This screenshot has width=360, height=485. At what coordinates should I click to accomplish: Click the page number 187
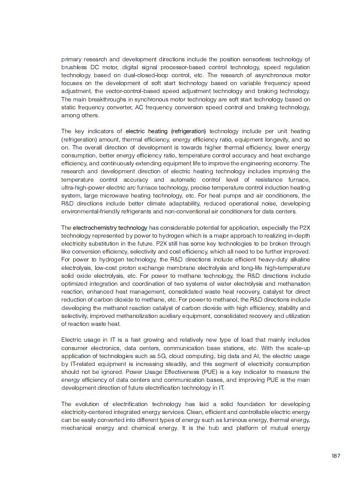[x=336, y=456]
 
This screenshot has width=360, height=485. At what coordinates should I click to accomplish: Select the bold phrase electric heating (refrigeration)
[x=165, y=131]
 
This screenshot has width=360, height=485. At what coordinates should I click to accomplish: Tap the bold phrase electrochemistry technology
[x=110, y=228]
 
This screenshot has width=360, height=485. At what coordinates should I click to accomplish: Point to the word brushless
[x=73, y=67]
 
